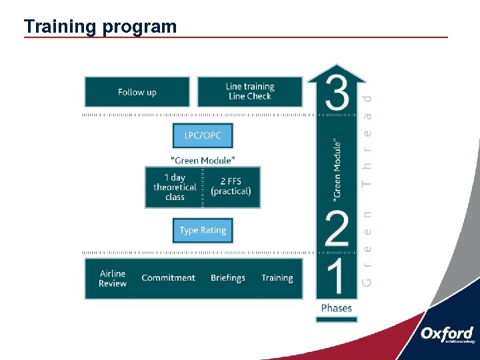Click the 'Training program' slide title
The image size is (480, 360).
pyautogui.click(x=100, y=27)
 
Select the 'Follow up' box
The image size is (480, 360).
pyautogui.click(x=137, y=92)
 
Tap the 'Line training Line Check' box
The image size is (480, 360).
pyautogui.click(x=250, y=92)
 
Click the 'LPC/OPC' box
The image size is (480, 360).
pyautogui.click(x=203, y=136)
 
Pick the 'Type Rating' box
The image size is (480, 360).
pyautogui.click(x=203, y=231)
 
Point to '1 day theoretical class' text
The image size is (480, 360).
pyautogui.click(x=175, y=187)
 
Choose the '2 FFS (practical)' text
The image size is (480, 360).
pyautogui.click(x=231, y=186)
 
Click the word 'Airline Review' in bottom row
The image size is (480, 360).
pyautogui.click(x=113, y=279)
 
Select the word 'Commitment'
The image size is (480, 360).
pyautogui.click(x=169, y=278)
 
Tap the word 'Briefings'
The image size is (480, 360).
pyautogui.click(x=228, y=278)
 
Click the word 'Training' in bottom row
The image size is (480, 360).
pyautogui.click(x=277, y=278)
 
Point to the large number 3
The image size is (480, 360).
pyautogui.click(x=337, y=93)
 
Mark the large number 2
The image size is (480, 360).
pyautogui.click(x=337, y=228)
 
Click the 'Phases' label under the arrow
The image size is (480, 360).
pyautogui.click(x=337, y=308)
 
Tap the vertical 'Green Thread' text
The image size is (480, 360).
pyautogui.click(x=367, y=190)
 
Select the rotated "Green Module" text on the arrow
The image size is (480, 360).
pyautogui.click(x=337, y=171)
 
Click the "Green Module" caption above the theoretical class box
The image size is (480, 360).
pyautogui.click(x=203, y=160)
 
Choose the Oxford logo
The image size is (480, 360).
pyautogui.click(x=447, y=335)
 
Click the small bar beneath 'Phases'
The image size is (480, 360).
pyautogui.click(x=337, y=319)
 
